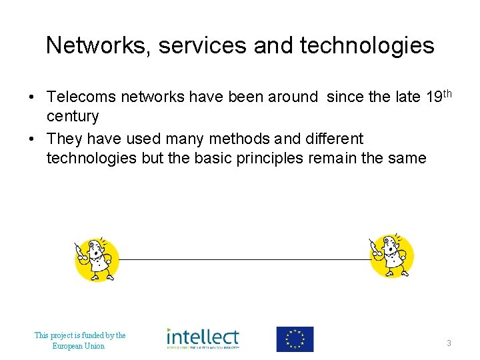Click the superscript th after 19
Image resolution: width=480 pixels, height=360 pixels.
[447, 93]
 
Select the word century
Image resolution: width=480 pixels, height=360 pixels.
[72, 117]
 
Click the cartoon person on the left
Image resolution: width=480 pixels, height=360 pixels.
[96, 259]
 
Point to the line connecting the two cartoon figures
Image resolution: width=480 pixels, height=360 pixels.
[244, 259]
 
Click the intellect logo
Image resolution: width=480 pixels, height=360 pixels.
[203, 339]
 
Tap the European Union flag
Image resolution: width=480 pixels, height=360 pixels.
[295, 339]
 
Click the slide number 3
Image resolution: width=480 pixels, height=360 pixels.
[449, 343]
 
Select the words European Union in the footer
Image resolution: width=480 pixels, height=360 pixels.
[79, 346]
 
